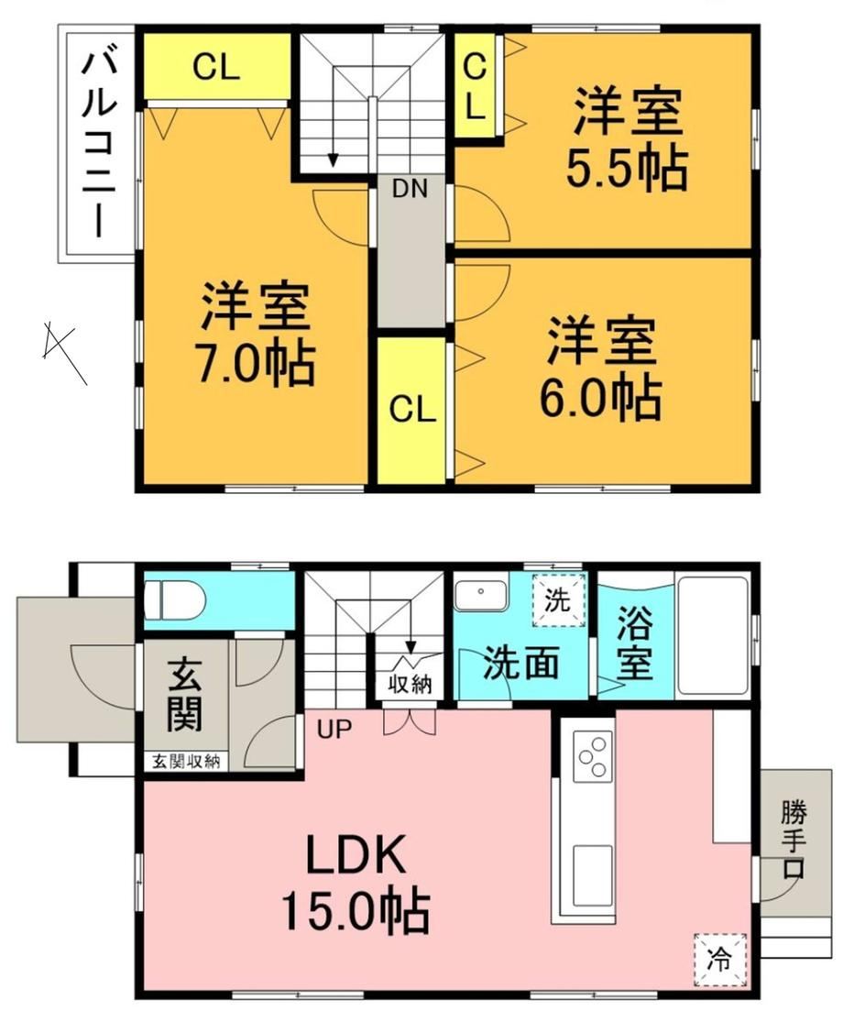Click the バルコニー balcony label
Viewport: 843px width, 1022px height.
point(99,145)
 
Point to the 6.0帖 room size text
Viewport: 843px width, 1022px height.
point(600,396)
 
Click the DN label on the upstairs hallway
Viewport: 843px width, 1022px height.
point(410,189)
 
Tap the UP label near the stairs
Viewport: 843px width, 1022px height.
point(334,729)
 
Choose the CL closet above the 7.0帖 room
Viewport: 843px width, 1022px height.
point(216,66)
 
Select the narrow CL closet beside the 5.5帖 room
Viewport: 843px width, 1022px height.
point(476,85)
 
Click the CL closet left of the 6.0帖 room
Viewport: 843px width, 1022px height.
point(411,411)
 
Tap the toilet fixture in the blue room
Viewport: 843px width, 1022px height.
point(173,599)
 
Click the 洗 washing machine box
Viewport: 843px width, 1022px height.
point(558,599)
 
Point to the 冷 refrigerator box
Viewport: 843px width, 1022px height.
point(720,960)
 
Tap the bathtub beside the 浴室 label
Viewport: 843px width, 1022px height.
point(712,635)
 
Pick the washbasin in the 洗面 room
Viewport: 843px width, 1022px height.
point(481,594)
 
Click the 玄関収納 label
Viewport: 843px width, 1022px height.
point(186,761)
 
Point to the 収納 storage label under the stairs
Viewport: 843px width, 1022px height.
point(410,683)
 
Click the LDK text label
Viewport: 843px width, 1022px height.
point(356,854)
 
